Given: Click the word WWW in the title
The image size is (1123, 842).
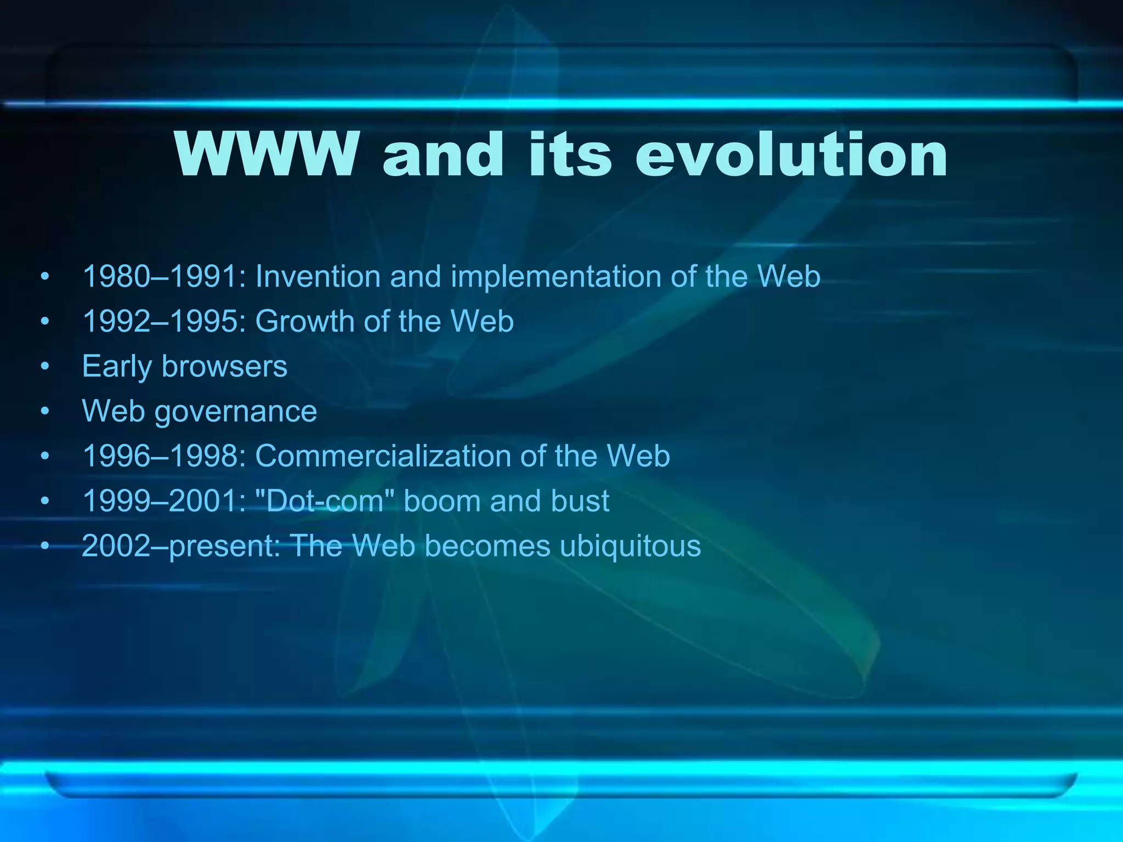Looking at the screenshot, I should tap(266, 155).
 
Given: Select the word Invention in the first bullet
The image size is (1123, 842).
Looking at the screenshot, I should tap(318, 276).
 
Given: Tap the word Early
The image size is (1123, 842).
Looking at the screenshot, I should tap(117, 366).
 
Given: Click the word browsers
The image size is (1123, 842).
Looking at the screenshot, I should tap(225, 366).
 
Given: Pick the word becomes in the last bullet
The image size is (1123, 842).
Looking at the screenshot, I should tap(487, 546).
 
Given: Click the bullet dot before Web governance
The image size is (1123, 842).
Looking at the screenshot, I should tap(45, 411).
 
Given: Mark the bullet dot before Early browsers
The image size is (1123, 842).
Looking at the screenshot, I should tap(45, 366).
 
